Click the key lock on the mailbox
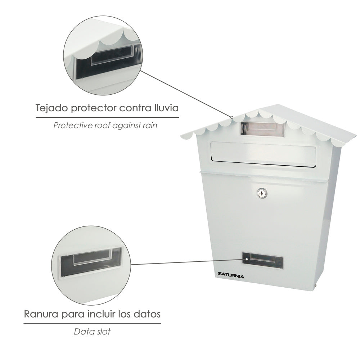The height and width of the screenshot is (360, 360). [x=262, y=193]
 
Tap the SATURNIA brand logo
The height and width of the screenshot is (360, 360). [x=231, y=275]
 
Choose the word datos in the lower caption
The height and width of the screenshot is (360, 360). [x=147, y=314]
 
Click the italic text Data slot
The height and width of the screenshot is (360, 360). [x=92, y=332]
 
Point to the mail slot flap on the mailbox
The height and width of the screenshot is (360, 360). [x=264, y=154]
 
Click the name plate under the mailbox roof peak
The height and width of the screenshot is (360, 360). [x=262, y=130]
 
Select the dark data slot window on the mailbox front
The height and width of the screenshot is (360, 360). [x=263, y=260]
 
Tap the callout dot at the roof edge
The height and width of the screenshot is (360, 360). [x=232, y=117]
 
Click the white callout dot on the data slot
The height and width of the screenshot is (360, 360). [x=247, y=259]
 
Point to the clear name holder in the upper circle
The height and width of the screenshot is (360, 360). [x=112, y=55]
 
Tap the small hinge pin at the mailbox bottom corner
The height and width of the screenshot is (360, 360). [x=315, y=285]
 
